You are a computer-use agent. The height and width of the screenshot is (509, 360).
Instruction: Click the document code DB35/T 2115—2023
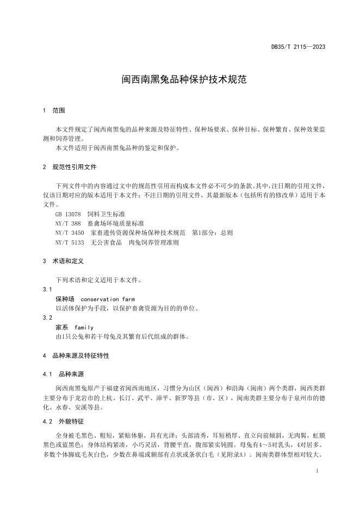298,47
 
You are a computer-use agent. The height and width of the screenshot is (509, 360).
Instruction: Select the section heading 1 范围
54,110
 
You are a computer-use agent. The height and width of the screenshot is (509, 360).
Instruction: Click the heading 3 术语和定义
63,261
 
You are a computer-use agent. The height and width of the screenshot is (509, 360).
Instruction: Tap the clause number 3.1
47,289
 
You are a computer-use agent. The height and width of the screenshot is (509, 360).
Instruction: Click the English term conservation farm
107,299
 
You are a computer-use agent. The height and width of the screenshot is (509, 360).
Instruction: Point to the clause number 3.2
47,318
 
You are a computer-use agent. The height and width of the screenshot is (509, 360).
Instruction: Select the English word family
84,327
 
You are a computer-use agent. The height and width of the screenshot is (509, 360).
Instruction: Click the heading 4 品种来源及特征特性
76,356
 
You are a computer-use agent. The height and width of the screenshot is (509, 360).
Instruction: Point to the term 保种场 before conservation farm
65,299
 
